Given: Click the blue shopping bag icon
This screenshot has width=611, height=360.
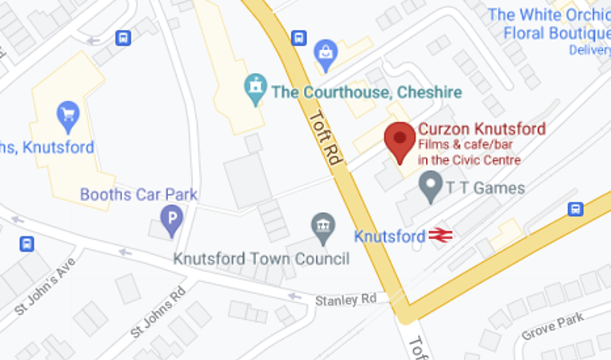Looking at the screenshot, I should [326, 52].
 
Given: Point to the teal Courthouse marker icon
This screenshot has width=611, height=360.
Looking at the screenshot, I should [256, 88].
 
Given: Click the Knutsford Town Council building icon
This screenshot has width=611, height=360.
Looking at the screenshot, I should [323, 229].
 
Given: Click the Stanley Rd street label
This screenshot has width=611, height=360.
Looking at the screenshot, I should [346, 300].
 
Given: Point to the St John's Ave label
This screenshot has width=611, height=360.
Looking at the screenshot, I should [45, 287].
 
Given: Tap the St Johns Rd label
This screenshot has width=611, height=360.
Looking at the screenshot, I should [158, 309].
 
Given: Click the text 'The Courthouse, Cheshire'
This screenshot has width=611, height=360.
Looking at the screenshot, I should [367, 92].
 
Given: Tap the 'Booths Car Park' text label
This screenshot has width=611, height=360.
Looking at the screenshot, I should [138, 194].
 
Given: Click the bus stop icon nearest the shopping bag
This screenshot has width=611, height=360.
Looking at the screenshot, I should [299, 37].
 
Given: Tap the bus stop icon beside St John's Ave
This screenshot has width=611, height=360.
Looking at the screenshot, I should [27, 243].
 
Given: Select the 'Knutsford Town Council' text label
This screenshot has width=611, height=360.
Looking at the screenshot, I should [262, 259].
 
